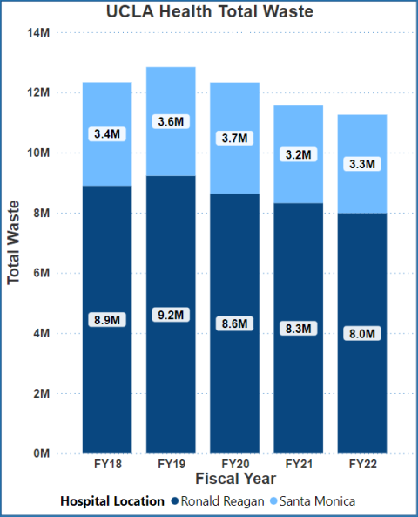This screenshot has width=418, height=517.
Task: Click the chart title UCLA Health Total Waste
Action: (x=209, y=12)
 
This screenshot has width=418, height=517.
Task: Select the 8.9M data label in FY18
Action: (x=107, y=320)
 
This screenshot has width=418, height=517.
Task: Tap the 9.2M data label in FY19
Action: (x=171, y=315)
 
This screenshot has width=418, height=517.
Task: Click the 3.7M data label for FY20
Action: (x=234, y=138)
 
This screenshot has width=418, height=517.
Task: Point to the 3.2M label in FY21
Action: (x=298, y=154)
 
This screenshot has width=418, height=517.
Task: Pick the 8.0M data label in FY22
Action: (x=361, y=333)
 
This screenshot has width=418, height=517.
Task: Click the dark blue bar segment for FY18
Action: (x=107, y=392)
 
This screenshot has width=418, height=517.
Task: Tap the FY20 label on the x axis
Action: (x=234, y=465)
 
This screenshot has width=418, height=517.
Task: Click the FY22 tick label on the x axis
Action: (x=361, y=465)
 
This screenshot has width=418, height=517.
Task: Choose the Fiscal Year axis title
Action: (x=235, y=480)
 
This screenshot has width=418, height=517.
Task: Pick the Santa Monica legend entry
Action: (x=313, y=501)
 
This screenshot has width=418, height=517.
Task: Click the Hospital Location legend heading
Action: (x=112, y=501)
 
